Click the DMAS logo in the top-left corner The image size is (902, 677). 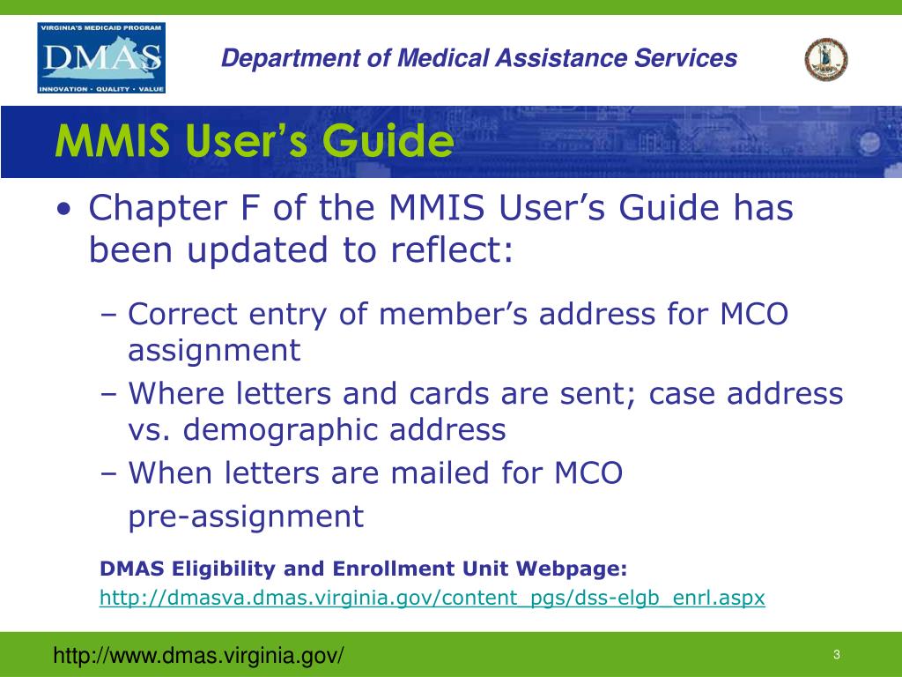pos(101,58)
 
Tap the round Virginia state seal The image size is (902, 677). pos(825,59)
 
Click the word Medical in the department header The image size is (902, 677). pos(450,58)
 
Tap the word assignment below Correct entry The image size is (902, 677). pos(214,351)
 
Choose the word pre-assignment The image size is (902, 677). pos(246,516)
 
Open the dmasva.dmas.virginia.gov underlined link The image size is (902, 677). pos(432,598)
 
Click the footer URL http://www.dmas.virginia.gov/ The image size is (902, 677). pos(199,655)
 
